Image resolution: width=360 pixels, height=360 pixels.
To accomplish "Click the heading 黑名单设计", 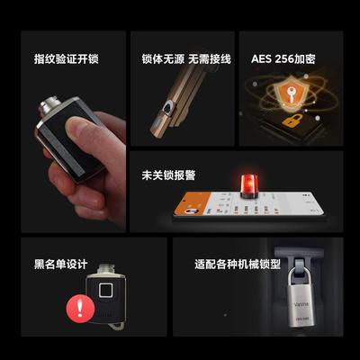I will click(x=60, y=265).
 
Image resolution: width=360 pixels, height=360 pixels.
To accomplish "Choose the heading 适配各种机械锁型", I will click(x=237, y=265).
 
